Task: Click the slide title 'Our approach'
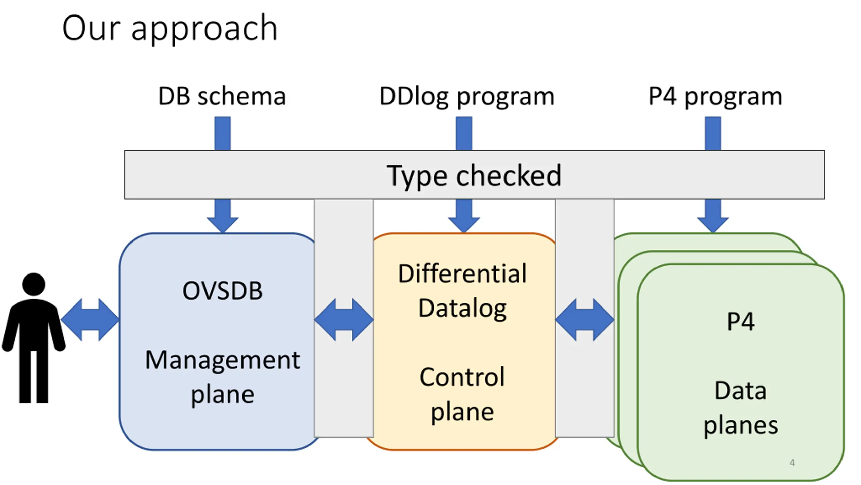point(170,29)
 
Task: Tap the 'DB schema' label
point(222,96)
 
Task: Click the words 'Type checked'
point(474,176)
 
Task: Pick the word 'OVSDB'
point(222,291)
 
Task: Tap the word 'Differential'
point(462,273)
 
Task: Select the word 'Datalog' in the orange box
point(462,309)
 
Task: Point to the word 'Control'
point(462,377)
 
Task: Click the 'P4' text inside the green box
point(741,322)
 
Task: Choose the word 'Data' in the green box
point(741,391)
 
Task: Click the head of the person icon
point(34,284)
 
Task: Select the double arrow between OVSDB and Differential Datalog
point(344,319)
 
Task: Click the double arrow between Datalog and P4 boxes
point(585,319)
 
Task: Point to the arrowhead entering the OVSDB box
point(223,225)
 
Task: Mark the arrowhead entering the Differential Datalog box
point(464,225)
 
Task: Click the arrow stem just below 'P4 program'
point(713,133)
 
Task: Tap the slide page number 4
point(792,463)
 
